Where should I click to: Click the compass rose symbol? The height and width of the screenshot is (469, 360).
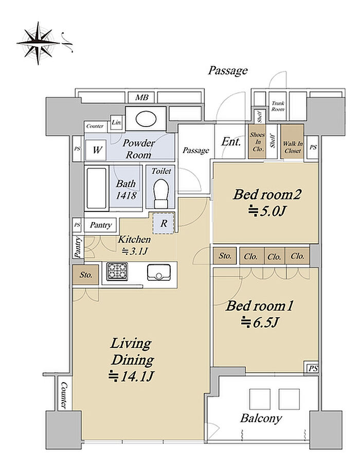point(38,43)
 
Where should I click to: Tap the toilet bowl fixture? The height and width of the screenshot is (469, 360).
point(161,193)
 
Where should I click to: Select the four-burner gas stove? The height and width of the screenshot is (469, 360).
point(117,271)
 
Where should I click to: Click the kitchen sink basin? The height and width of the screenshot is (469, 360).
point(158,272)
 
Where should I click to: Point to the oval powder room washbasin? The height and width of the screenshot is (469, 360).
point(146,119)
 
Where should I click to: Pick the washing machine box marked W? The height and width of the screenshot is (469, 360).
point(96,150)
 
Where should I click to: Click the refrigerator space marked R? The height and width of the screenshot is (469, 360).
point(163,223)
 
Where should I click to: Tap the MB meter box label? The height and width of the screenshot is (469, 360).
point(142,98)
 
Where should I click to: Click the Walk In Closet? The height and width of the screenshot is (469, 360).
point(293,141)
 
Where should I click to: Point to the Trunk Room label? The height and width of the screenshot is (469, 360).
point(278,106)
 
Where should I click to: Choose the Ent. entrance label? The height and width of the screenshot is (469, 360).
point(231,141)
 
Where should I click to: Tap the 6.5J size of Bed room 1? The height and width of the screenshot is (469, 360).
point(260,322)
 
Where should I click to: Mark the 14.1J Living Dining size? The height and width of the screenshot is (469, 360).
point(131,376)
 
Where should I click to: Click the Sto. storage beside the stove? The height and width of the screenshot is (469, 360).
point(85,275)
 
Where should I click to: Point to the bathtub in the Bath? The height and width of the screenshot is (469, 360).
point(96,188)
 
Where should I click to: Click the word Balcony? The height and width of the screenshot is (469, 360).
point(261,418)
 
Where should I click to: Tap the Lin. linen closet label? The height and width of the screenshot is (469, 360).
point(117,122)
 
